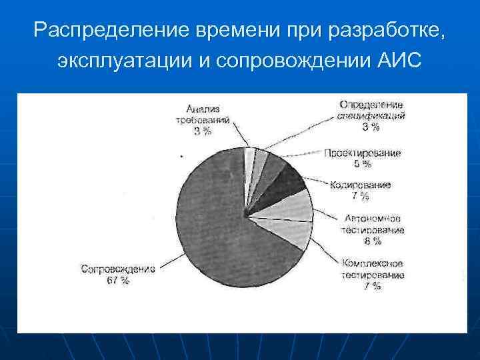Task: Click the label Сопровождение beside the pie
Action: (118, 269)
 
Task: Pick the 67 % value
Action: (118, 281)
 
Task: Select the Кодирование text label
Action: (361, 185)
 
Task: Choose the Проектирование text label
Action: (363, 153)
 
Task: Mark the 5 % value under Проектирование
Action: (363, 164)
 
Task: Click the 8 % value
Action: (373, 240)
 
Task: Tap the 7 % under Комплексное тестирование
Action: (373, 286)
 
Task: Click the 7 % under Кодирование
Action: (361, 195)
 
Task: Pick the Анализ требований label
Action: (203, 114)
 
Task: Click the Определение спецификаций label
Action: (371, 110)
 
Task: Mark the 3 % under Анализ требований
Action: (203, 131)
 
